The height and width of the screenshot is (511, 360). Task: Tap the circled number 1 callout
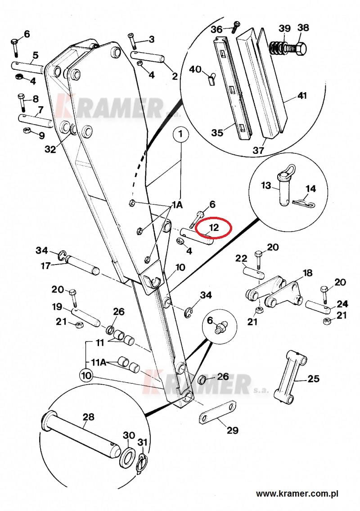click(181, 134)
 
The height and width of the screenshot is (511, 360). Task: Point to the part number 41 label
click(302, 96)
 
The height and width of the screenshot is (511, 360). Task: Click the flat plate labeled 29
click(217, 413)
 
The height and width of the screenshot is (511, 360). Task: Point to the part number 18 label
click(307, 273)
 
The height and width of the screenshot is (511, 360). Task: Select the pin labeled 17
click(81, 265)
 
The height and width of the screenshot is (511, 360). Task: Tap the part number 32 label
click(50, 149)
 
